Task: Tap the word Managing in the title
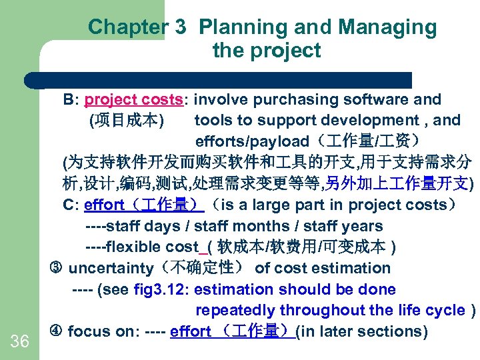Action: [387, 27]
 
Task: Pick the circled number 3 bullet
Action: [56, 268]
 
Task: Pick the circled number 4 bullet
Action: [56, 331]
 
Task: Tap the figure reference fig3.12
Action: [161, 289]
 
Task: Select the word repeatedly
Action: [235, 310]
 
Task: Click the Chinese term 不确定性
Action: [201, 268]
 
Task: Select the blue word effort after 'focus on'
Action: [191, 331]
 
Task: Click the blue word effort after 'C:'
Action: [104, 205]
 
